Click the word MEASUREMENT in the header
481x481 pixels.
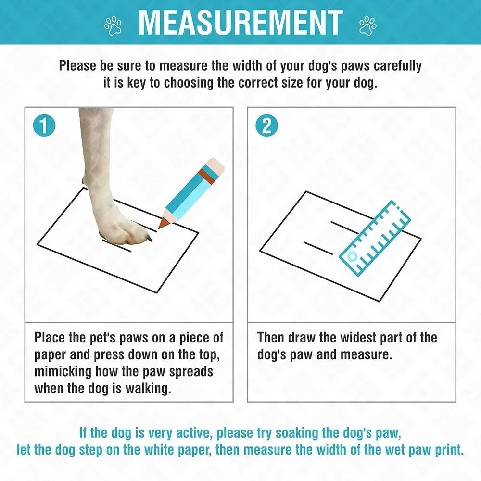240,22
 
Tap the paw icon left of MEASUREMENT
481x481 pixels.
114,25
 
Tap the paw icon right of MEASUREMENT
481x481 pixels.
368,25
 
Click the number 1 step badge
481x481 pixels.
44,126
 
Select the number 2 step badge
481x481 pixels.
266,126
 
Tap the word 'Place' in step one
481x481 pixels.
50,338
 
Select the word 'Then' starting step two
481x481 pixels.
271,338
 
